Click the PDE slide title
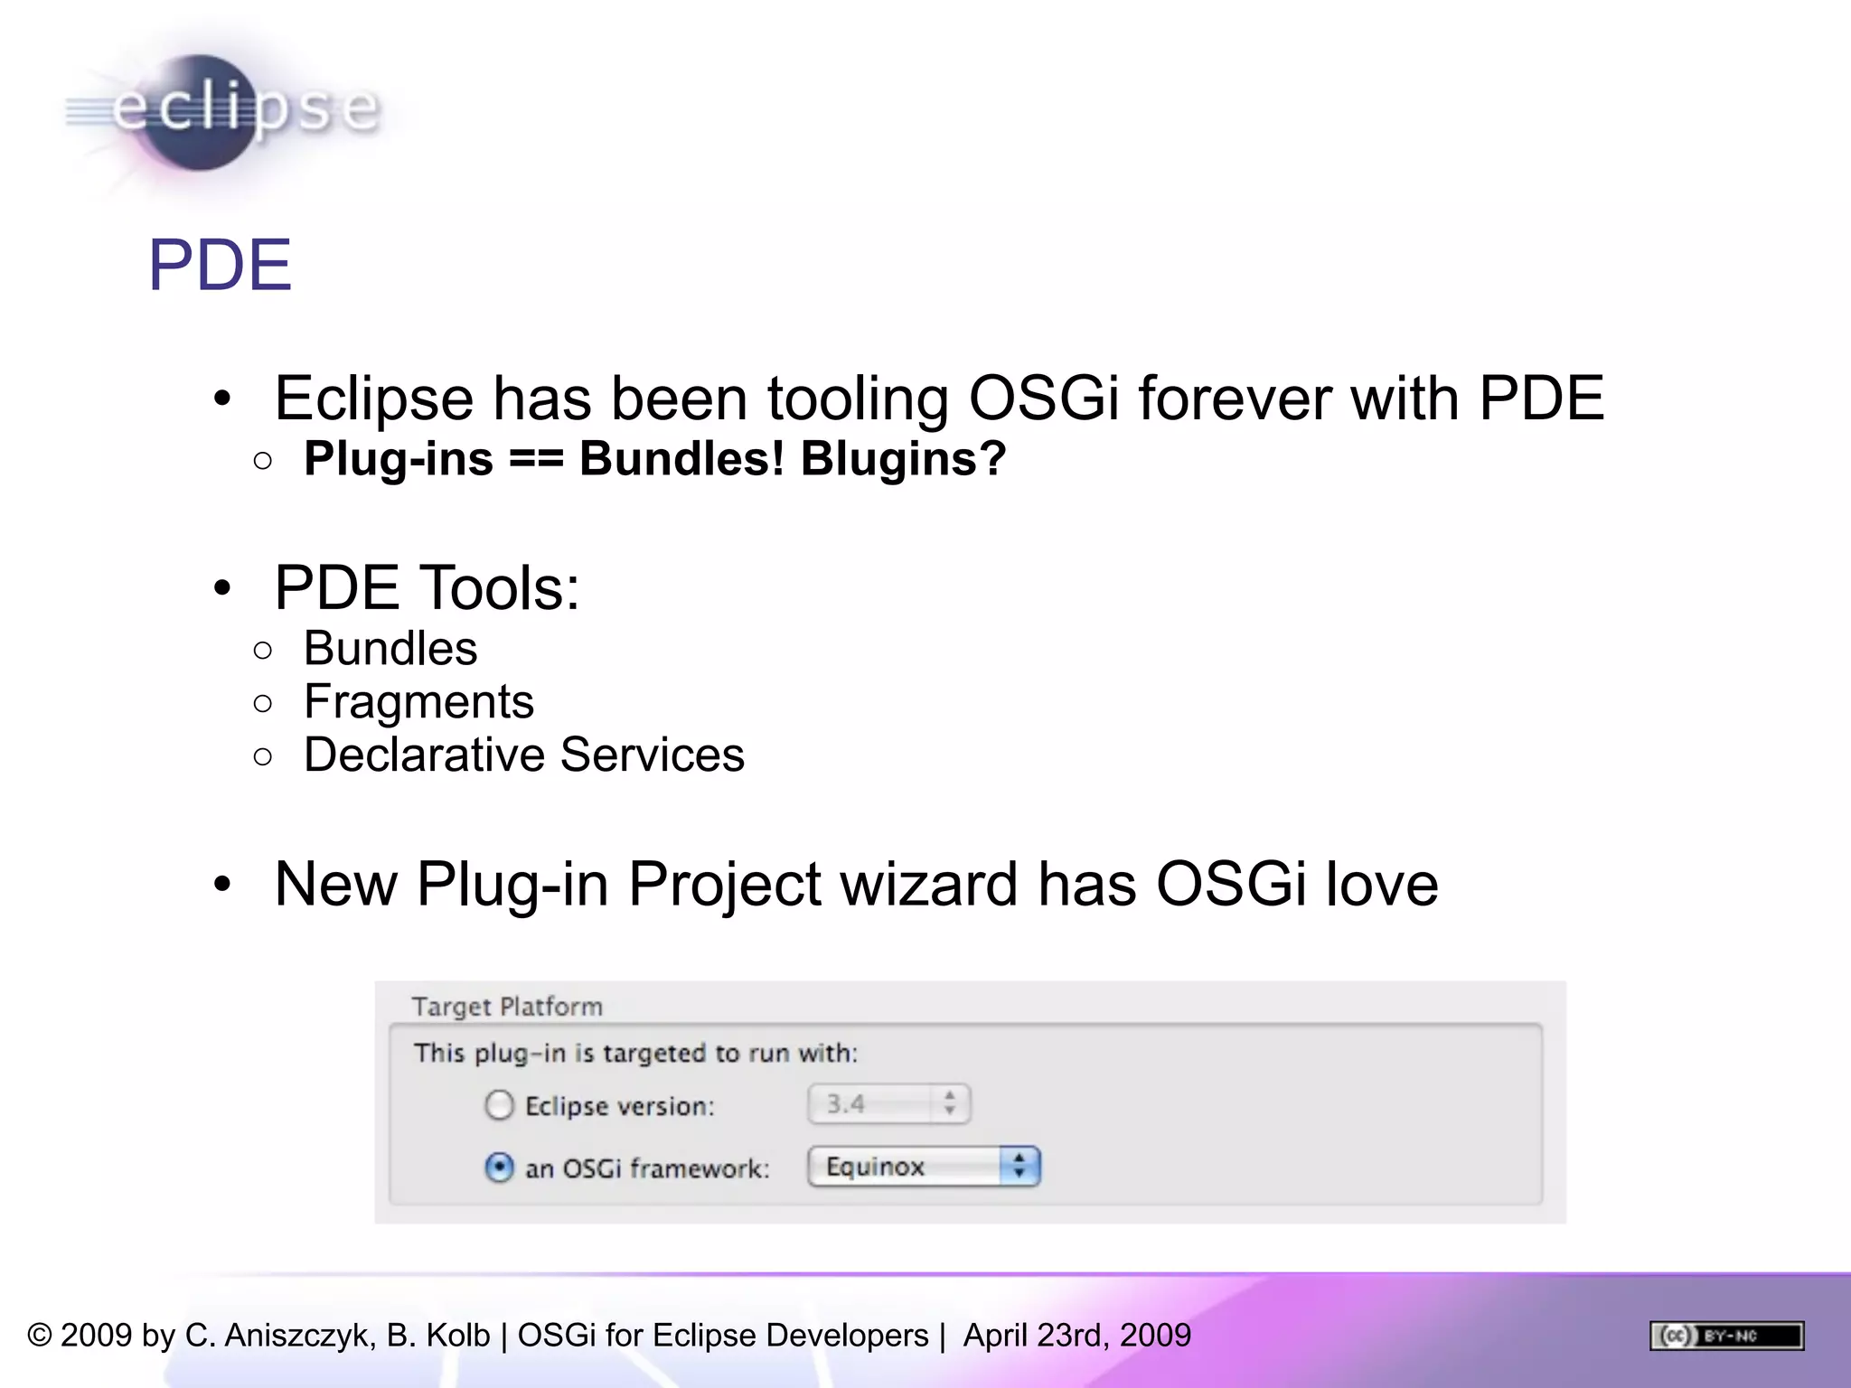[220, 266]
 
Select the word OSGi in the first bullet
[1043, 399]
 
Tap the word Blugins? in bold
[903, 458]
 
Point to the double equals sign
[536, 459]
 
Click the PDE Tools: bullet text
[427, 588]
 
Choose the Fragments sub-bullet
[418, 702]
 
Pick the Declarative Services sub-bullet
[523, 755]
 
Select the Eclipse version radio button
[499, 1105]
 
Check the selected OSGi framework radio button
[499, 1168]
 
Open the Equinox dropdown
[924, 1167]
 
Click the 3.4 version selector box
[888, 1103]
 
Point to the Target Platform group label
[506, 1007]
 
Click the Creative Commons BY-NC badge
[1726, 1336]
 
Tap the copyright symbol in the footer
[40, 1336]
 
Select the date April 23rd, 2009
[1076, 1336]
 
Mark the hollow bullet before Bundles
[263, 650]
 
